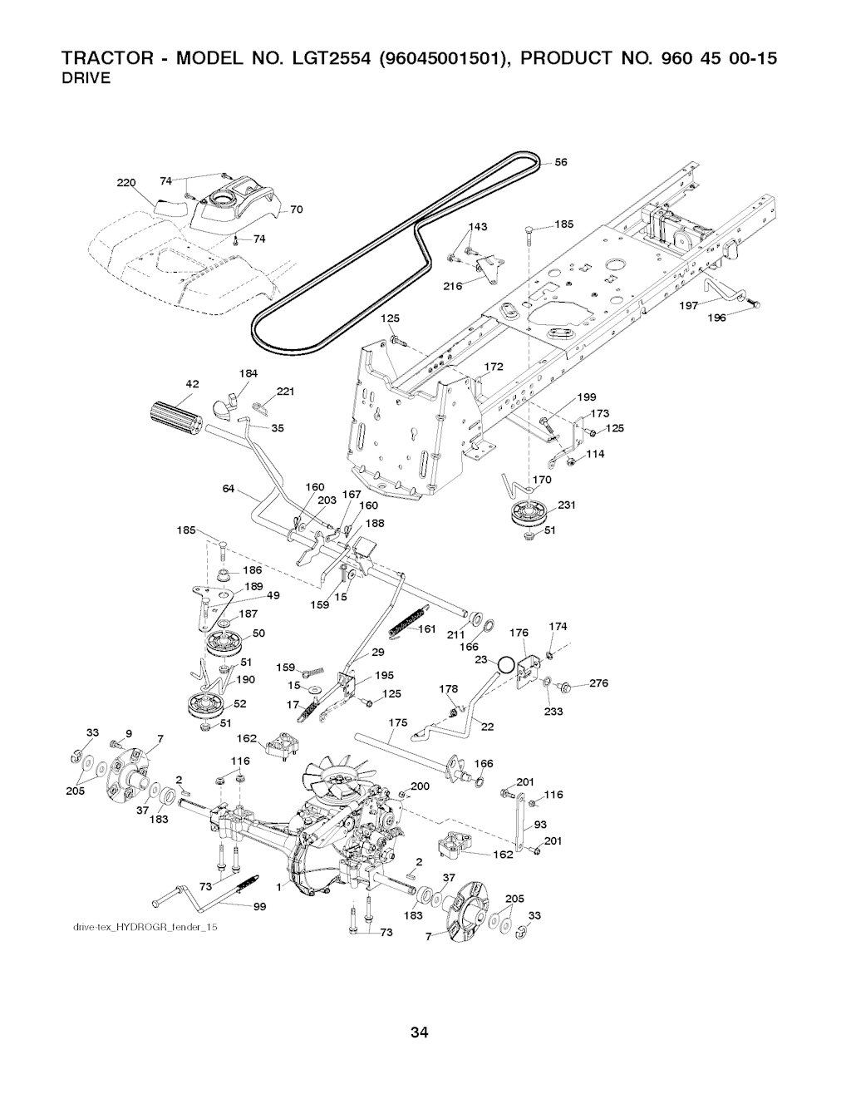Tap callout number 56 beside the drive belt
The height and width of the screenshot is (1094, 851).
561,163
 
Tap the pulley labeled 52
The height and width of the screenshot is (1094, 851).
205,705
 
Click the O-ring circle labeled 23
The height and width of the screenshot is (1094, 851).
504,666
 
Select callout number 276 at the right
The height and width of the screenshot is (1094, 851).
599,684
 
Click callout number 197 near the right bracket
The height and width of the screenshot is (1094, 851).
688,306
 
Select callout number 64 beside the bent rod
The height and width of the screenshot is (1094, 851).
229,488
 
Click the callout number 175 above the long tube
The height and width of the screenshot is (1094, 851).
398,723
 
